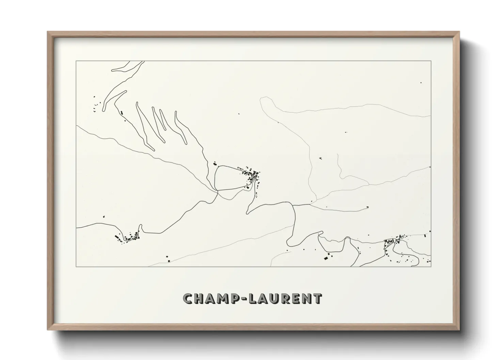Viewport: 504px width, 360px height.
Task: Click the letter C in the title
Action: pos(188,299)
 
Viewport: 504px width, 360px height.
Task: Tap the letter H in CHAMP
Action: pos(199,299)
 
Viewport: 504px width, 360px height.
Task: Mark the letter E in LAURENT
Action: pos(296,299)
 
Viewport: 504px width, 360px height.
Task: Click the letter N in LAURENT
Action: pos(306,299)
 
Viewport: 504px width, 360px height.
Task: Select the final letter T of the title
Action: pos(317,299)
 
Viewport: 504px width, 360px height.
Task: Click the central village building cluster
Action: pos(252,176)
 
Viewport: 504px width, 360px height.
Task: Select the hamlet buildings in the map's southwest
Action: pos(128,237)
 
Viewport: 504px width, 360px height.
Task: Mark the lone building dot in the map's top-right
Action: pos(421,83)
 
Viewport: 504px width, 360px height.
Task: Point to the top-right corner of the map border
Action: pos(431,61)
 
